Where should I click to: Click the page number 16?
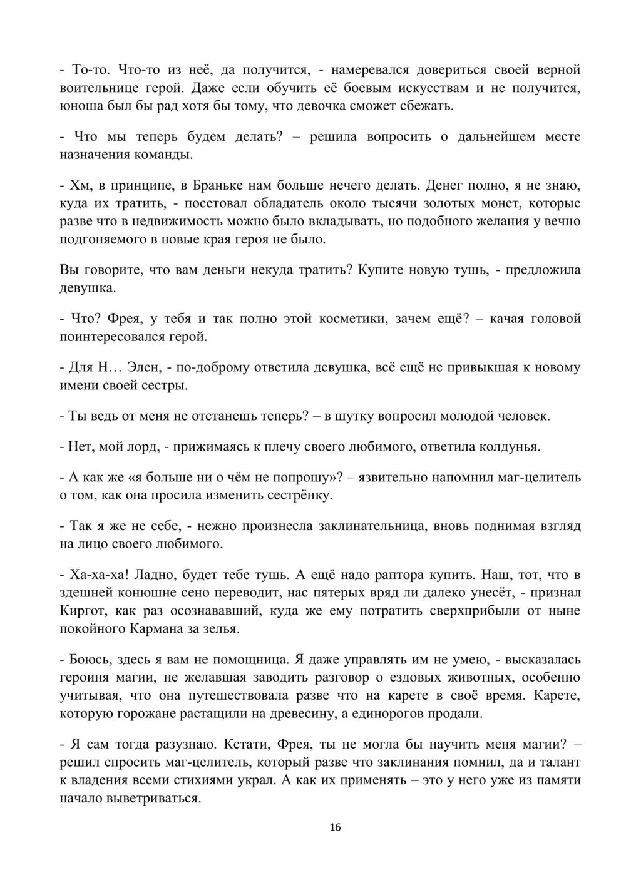[x=335, y=827]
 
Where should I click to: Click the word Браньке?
[x=217, y=185]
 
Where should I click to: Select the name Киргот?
[x=80, y=610]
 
